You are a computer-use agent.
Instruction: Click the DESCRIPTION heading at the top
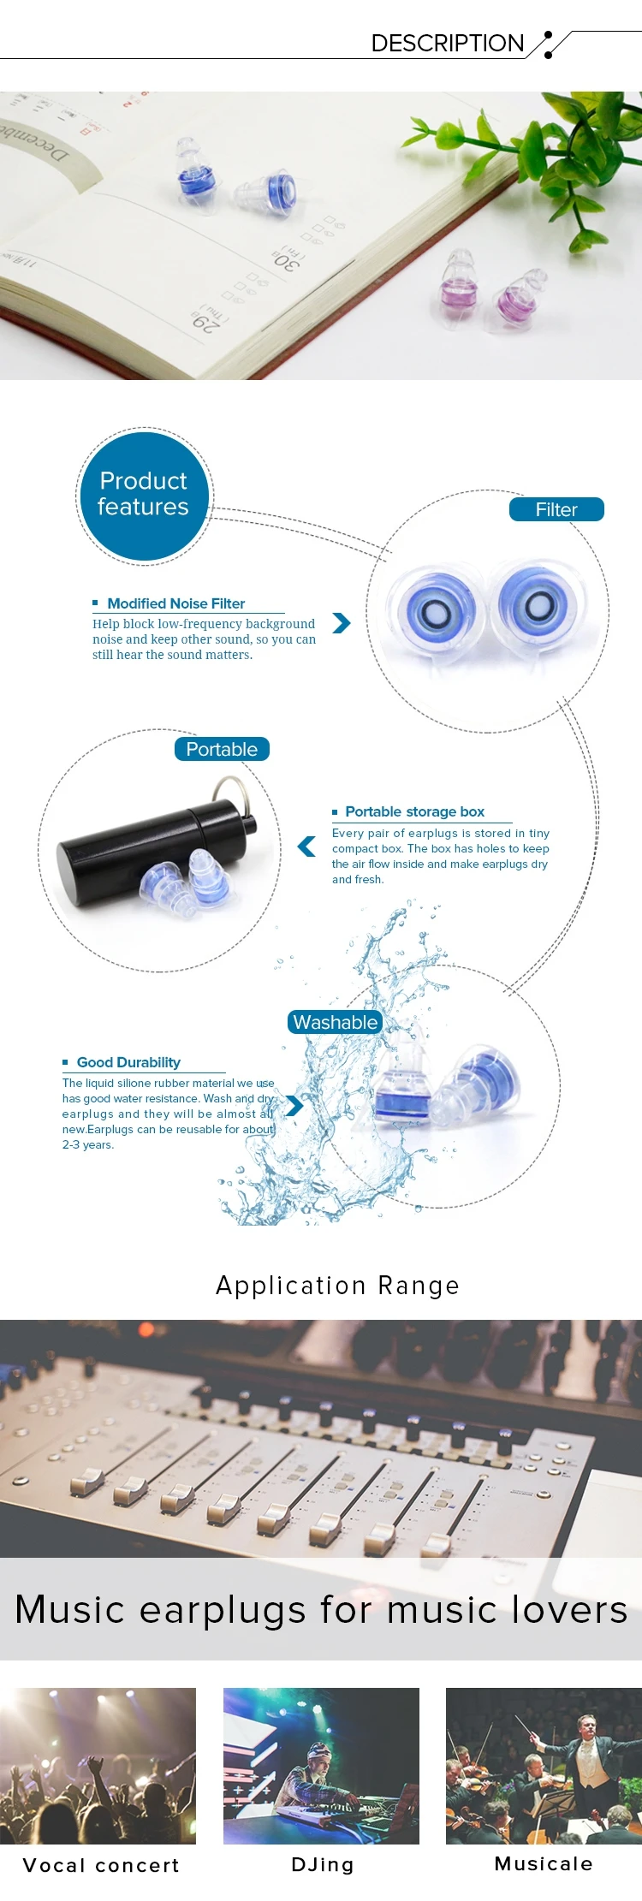click(447, 43)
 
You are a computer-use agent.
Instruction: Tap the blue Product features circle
click(143, 496)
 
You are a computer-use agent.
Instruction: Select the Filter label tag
click(556, 509)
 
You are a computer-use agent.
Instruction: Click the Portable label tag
click(222, 749)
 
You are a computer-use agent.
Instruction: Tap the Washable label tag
click(336, 1022)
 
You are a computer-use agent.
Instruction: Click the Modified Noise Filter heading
click(175, 603)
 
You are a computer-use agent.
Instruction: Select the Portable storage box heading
click(414, 811)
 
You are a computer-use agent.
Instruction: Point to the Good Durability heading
click(128, 1062)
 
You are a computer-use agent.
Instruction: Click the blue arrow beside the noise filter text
click(342, 622)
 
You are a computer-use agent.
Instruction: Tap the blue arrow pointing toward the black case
click(306, 847)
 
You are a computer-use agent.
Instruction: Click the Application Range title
click(337, 1286)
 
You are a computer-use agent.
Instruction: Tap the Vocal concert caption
click(101, 1865)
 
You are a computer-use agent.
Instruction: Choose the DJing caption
click(322, 1864)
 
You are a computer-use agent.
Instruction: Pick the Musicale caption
click(544, 1863)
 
